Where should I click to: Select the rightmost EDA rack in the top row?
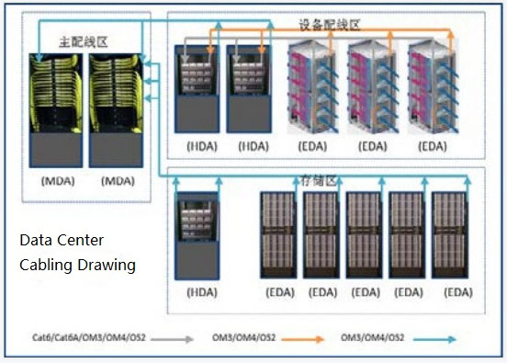(432, 88)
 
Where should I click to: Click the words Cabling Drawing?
(78, 266)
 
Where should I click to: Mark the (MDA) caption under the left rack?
(58, 181)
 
